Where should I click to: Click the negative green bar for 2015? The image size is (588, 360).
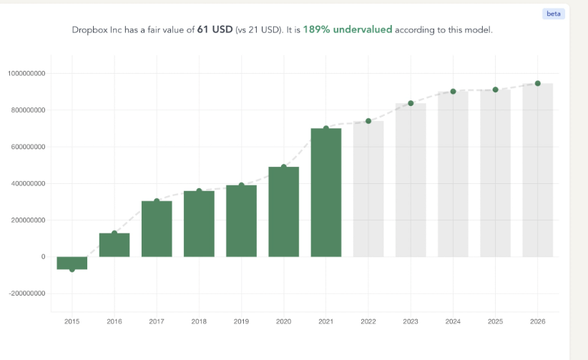click(72, 263)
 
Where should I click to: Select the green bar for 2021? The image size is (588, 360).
click(325, 193)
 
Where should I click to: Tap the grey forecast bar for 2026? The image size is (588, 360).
click(537, 170)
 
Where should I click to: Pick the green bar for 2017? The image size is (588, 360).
click(157, 229)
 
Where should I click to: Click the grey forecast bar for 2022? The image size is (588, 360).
click(368, 189)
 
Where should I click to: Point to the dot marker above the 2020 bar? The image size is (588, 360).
click(283, 167)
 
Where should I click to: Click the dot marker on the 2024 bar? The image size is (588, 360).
click(453, 92)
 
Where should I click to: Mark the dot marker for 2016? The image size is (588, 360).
click(114, 233)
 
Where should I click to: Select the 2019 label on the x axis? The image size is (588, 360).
click(241, 322)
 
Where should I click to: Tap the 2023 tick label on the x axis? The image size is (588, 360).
click(411, 322)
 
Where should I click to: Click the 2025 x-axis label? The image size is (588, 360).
click(495, 322)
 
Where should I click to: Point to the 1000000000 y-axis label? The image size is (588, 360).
click(27, 74)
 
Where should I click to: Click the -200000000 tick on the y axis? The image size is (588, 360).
click(27, 293)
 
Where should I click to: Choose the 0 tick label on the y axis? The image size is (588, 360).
click(42, 257)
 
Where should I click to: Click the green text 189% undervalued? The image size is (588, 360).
click(348, 30)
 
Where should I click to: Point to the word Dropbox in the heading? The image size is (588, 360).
click(90, 30)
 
